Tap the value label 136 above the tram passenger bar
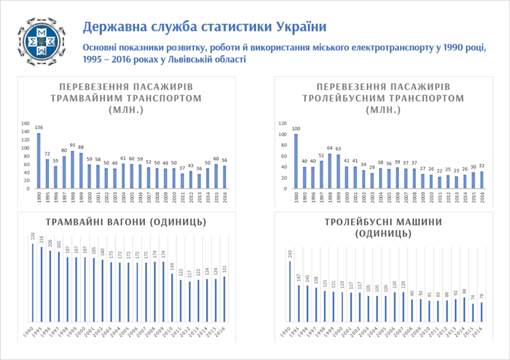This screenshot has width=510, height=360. coord(39,127)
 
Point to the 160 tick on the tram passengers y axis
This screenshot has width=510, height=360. coord(25,124)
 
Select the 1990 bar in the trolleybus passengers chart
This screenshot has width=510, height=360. coord(296,161)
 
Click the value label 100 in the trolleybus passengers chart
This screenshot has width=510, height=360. coord(296,128)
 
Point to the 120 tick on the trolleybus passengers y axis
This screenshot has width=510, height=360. coord(283,124)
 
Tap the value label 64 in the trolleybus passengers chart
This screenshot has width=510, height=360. coord(329,149)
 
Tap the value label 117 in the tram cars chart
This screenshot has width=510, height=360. coord(190,274)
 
